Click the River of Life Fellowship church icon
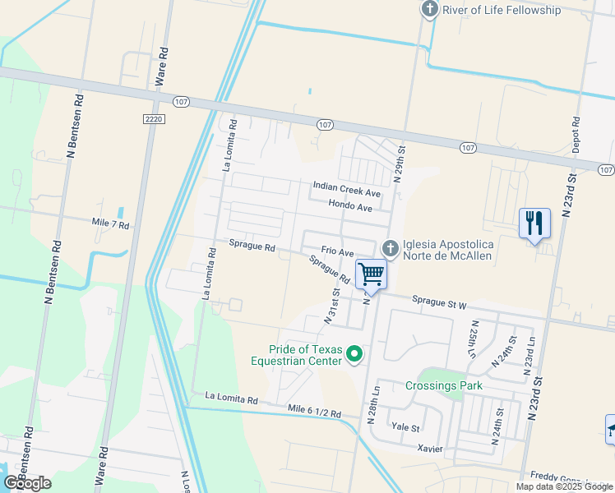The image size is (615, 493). tap(429, 10)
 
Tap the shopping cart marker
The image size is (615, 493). tap(372, 274)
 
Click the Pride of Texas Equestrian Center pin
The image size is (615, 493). tap(355, 354)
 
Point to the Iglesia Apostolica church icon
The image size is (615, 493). tap(390, 247)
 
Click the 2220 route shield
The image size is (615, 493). tap(153, 119)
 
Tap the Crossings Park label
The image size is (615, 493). tap(444, 385)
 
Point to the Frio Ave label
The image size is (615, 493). tap(337, 252)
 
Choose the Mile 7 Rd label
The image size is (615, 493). tap(110, 223)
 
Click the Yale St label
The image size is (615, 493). tap(405, 428)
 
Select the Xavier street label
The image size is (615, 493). tap(430, 449)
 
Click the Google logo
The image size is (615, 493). tap(26, 482)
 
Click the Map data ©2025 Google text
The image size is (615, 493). tap(565, 486)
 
